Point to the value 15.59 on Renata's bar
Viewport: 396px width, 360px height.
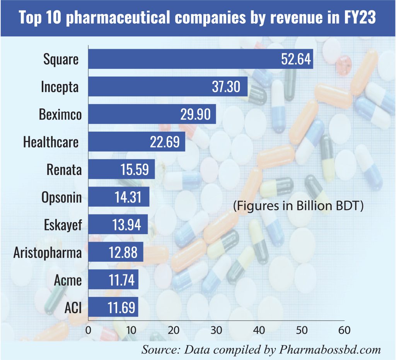click(134, 169)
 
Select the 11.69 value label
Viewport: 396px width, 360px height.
click(121, 308)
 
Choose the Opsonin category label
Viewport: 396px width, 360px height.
click(61, 197)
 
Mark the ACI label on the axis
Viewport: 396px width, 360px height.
click(74, 308)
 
